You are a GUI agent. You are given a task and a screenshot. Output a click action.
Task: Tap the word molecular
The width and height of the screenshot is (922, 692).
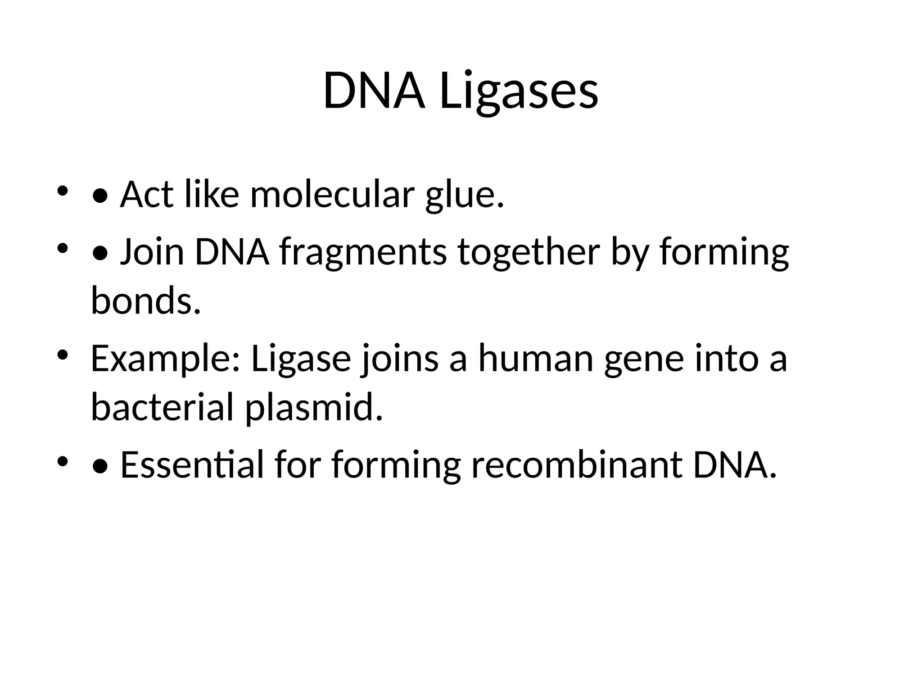(331, 195)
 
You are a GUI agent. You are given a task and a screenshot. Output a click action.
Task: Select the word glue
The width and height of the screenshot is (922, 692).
(464, 196)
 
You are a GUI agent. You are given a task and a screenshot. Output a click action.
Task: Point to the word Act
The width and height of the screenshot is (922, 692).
(146, 195)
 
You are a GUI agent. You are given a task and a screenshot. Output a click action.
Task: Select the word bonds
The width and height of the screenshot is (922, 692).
(145, 301)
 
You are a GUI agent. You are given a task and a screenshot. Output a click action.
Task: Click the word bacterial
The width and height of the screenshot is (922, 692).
(162, 407)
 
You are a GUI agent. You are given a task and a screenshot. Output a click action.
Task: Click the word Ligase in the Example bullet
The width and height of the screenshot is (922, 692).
(301, 359)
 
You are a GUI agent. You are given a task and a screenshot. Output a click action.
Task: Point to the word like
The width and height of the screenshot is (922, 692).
(212, 195)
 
